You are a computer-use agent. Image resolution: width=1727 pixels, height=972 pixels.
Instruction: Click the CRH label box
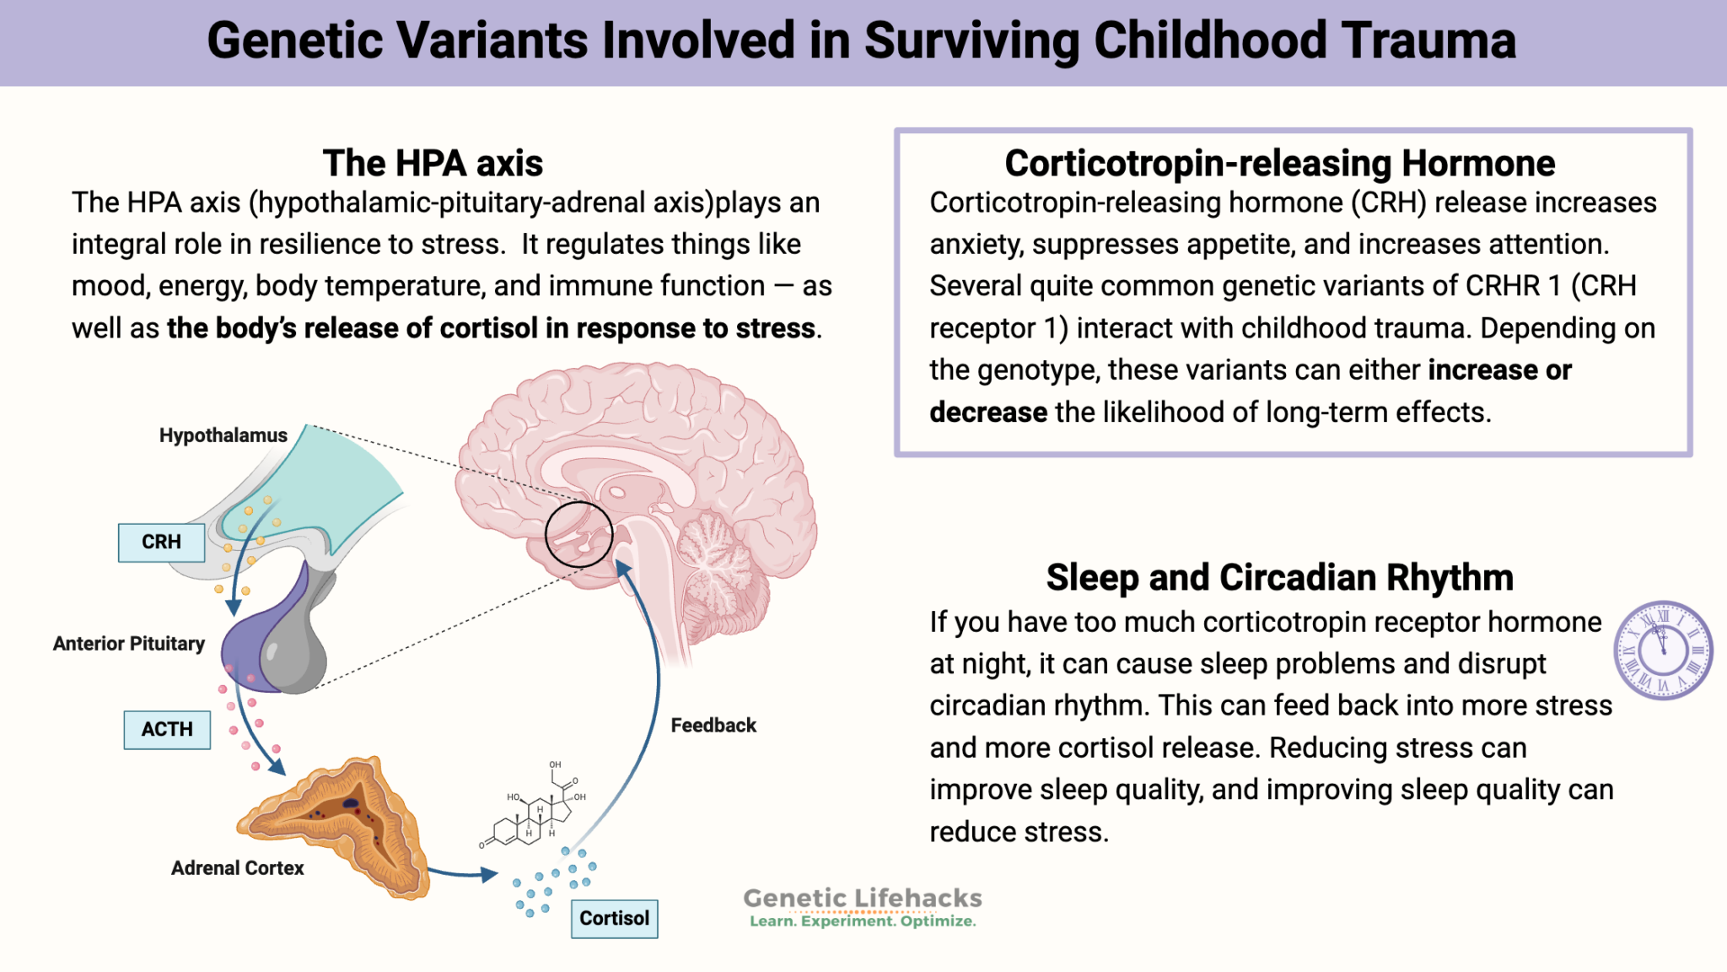click(161, 543)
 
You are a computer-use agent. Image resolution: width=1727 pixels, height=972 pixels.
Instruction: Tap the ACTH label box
click(167, 730)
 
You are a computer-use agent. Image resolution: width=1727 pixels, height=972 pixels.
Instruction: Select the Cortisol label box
click(614, 919)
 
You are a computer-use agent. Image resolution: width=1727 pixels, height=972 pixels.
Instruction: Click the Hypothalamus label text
click(223, 436)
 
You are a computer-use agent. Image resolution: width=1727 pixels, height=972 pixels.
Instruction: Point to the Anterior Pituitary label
click(129, 645)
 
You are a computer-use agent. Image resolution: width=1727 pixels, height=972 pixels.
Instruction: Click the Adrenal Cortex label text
click(237, 868)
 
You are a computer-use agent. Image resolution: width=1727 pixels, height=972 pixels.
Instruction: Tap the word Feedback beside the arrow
click(713, 726)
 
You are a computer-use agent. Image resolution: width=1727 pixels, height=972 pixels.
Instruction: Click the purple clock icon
click(1662, 651)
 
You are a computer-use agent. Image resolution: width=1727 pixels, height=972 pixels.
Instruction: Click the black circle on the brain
click(578, 534)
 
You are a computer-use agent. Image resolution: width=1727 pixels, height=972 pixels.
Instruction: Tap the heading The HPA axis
click(433, 164)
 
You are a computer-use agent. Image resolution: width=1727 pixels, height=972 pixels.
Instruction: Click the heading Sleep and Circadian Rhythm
click(1279, 578)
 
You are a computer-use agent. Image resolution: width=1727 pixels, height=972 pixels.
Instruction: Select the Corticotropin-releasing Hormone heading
click(1279, 164)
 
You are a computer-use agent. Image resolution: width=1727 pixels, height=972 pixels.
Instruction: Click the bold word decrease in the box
click(987, 413)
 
